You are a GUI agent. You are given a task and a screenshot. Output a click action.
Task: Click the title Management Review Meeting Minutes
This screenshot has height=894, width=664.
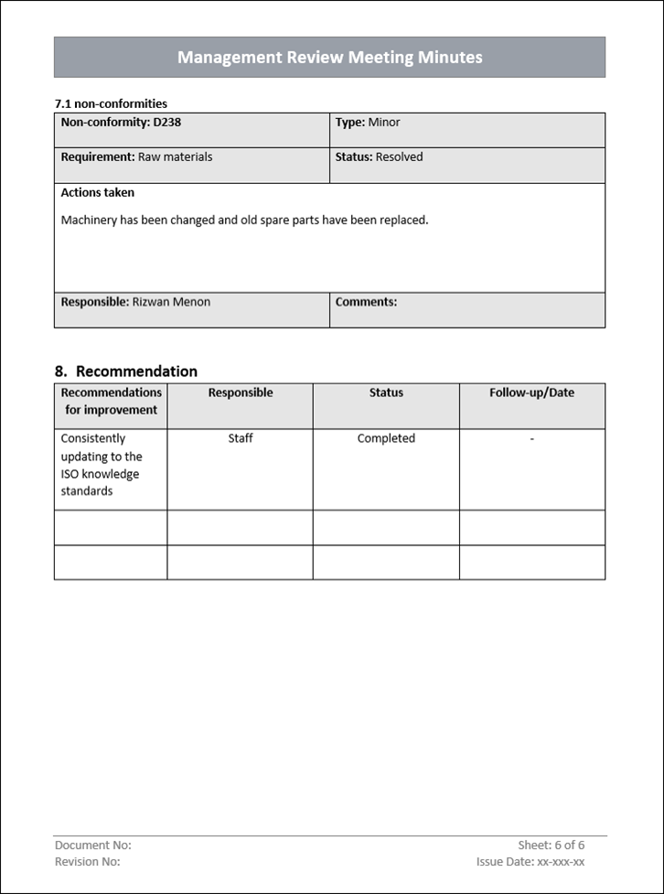point(329,58)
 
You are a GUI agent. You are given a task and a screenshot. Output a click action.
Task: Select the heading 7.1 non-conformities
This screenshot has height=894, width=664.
point(111,103)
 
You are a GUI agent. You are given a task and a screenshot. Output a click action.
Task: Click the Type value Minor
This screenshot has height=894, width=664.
point(384,122)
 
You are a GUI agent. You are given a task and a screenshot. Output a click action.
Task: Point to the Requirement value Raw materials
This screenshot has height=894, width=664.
point(175,156)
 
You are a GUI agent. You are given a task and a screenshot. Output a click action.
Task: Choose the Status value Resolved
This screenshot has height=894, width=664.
point(399,156)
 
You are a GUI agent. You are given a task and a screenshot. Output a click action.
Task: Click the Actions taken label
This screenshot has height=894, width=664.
point(97,192)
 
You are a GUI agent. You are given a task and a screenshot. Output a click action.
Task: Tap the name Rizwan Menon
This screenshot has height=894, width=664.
point(171,301)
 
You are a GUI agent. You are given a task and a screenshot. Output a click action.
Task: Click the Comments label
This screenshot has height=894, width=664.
point(366,301)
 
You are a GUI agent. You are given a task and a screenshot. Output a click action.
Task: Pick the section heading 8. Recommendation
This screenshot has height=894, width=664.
point(126,371)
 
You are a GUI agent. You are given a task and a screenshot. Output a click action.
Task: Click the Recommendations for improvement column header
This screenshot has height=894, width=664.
point(111,401)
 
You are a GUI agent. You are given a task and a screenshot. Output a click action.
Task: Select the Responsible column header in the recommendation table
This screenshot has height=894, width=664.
point(240,393)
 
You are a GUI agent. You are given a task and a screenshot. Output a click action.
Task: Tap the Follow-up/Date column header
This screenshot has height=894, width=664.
point(531,393)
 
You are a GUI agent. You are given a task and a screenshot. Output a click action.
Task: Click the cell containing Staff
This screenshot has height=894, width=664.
point(240,438)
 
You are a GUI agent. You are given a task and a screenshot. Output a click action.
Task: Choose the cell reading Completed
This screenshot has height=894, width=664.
point(386,438)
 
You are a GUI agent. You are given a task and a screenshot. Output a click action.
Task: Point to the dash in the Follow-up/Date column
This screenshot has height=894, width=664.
point(531,439)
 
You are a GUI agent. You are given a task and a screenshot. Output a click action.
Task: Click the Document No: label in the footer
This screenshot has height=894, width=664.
point(92,845)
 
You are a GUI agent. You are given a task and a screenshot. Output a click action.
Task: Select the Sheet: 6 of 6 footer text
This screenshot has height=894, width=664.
point(551,845)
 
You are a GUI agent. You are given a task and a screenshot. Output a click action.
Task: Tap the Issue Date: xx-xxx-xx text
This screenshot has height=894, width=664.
point(530,861)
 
